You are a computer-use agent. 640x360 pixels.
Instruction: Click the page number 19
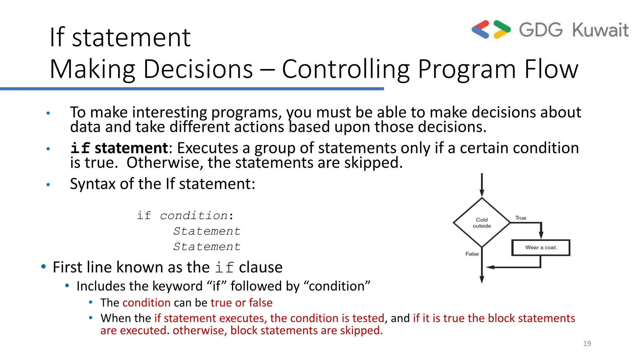[x=587, y=343]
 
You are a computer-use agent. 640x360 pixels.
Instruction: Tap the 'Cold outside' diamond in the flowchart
[x=482, y=222]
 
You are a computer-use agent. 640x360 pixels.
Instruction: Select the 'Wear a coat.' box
[x=541, y=247]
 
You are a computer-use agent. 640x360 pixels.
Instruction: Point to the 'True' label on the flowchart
[x=521, y=218]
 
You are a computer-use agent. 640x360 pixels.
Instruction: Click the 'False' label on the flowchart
[x=472, y=254]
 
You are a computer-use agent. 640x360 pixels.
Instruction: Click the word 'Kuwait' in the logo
[x=600, y=30]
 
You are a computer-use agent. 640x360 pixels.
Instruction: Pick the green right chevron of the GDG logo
[x=502, y=29]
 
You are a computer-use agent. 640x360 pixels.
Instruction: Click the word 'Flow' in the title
[x=551, y=69]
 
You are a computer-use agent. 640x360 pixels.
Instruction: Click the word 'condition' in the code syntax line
[x=194, y=216]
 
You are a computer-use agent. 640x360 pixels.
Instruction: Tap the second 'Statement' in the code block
[x=207, y=247]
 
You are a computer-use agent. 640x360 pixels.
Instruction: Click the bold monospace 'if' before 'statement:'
[x=80, y=148]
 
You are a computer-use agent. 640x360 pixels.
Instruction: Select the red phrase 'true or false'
[x=241, y=302]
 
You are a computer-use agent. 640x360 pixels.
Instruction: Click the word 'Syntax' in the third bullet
[x=92, y=184]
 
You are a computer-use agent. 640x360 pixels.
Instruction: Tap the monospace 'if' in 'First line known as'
[x=224, y=267]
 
